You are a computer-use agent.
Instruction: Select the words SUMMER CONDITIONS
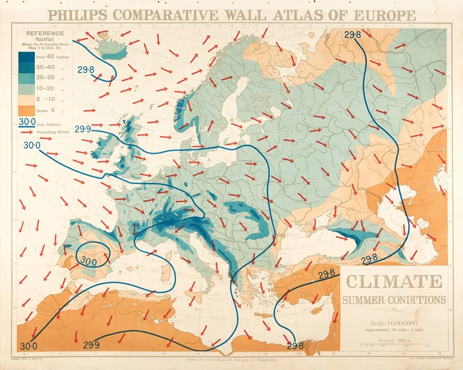394,300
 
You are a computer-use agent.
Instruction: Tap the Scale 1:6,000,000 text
394,323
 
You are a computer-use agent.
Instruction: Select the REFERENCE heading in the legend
45,33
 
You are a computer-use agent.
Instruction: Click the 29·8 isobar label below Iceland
86,70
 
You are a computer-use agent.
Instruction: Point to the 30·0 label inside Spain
88,262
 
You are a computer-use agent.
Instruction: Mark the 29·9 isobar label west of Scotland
82,129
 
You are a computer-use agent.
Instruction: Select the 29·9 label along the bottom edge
91,345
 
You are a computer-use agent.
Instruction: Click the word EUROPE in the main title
384,15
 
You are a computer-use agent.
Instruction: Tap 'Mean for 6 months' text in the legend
45,44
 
